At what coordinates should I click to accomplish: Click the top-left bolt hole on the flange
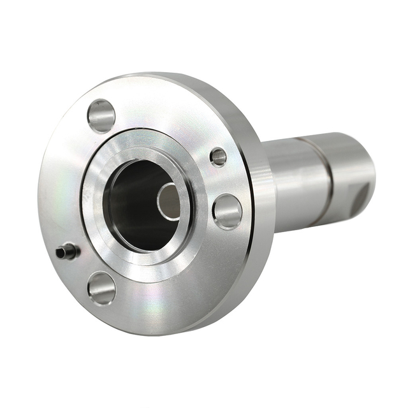click(x=101, y=116)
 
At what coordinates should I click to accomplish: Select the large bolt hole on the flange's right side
click(x=227, y=211)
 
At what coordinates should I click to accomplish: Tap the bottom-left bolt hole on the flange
click(x=102, y=288)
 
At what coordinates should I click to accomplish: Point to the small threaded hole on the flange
click(x=219, y=156)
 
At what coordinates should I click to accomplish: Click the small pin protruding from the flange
click(x=68, y=252)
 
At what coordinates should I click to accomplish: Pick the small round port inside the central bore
click(x=168, y=201)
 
